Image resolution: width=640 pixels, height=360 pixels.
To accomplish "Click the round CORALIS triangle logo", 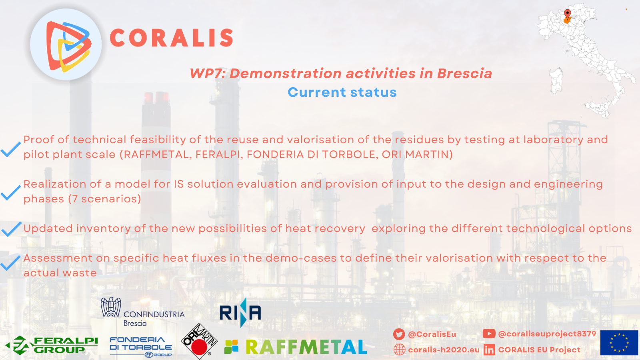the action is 66,44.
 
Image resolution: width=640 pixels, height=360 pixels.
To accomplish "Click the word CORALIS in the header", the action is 172,38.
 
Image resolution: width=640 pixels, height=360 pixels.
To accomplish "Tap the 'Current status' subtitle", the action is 342,92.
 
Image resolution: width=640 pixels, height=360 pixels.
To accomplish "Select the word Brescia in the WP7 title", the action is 464,73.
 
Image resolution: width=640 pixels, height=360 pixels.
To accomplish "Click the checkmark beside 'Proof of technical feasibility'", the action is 10,149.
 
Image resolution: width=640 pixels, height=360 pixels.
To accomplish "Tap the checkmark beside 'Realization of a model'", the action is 10,192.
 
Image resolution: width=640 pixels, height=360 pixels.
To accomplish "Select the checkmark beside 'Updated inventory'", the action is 12,229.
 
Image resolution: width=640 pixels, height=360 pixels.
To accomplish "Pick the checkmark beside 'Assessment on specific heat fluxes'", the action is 10,262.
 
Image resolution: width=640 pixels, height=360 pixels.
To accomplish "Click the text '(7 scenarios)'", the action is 104,199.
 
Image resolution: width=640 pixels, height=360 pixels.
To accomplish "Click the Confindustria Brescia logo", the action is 142,312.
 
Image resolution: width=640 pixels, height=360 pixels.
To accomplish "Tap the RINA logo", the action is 240,312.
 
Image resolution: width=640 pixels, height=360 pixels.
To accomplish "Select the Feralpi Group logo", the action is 52,345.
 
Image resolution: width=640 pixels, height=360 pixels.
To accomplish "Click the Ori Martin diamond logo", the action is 199,341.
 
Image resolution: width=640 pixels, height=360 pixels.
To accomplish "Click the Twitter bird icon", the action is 399,334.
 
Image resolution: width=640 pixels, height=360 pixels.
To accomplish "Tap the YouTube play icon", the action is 489,334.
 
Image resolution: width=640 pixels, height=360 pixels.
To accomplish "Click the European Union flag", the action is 619,343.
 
